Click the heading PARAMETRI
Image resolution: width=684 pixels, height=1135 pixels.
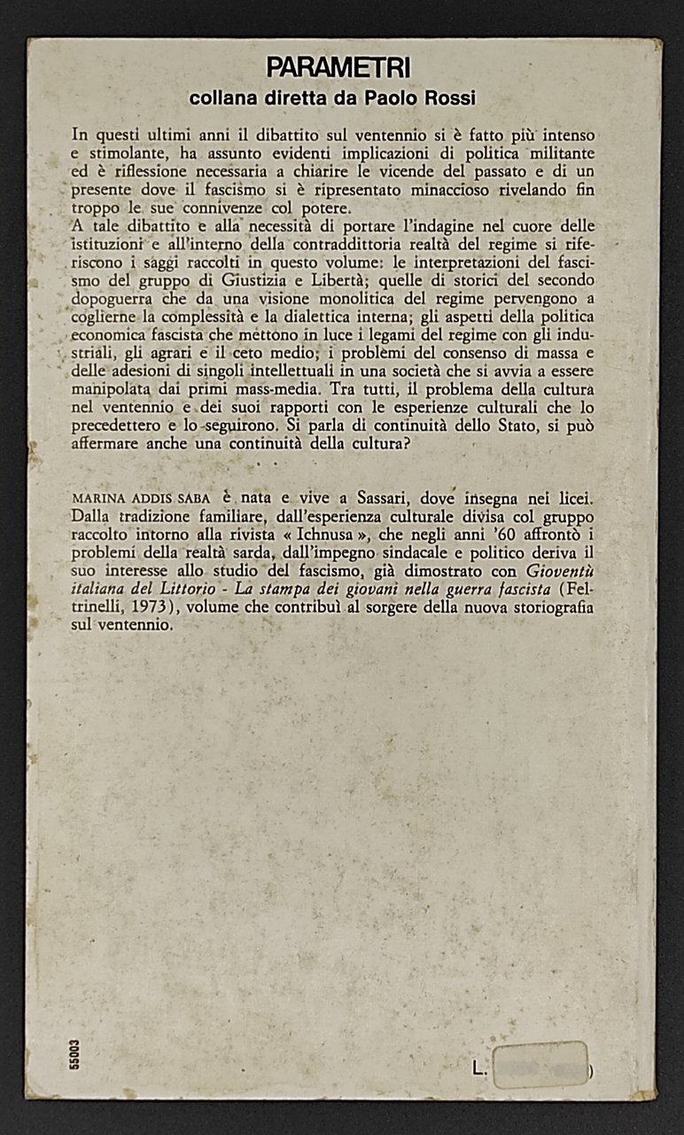[x=338, y=67]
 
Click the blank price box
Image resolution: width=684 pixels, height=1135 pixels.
[x=540, y=1064]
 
